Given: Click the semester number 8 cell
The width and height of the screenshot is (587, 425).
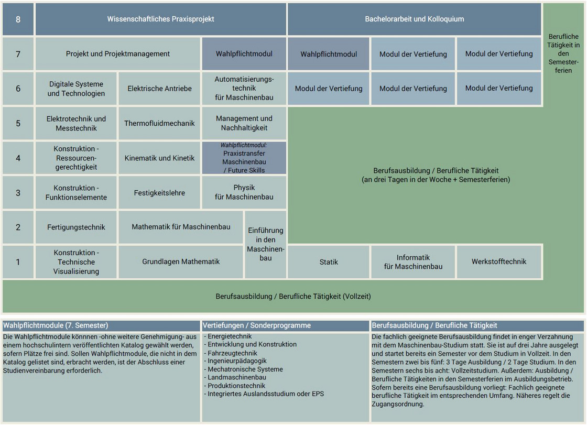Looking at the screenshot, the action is click(x=18, y=19).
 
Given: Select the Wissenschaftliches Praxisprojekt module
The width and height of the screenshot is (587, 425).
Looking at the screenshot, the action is click(x=160, y=19).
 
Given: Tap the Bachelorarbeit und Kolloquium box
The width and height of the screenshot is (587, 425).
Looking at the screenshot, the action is click(x=415, y=19).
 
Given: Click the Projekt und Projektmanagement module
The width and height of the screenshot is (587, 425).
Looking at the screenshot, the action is click(x=117, y=54).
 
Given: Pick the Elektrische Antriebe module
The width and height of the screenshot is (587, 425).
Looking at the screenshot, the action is click(x=159, y=89).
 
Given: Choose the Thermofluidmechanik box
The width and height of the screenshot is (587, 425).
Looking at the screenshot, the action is click(x=159, y=123).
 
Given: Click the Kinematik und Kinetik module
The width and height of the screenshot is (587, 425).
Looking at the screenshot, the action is click(x=159, y=158).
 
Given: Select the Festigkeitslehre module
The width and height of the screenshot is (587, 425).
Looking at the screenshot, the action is click(x=159, y=193).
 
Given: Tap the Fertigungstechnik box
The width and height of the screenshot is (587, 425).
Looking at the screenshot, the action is click(x=76, y=227).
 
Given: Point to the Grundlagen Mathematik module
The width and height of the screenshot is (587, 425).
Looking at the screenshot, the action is click(x=181, y=261).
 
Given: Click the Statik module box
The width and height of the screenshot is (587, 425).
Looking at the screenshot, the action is click(x=328, y=261).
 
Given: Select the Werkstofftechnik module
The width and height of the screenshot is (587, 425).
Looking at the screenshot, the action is click(x=499, y=261).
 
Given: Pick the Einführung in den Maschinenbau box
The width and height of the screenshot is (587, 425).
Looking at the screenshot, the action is click(x=265, y=245).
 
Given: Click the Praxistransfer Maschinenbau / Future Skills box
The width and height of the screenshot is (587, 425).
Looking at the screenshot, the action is click(x=244, y=158).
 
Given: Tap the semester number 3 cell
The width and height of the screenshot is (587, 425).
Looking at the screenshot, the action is click(x=18, y=193).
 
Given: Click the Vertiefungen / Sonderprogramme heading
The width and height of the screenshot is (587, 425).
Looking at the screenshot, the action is click(x=257, y=325).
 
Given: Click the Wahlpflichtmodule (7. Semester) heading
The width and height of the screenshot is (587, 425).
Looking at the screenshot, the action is click(x=56, y=325).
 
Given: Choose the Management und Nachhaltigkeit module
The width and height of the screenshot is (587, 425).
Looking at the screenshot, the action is click(x=244, y=123).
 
